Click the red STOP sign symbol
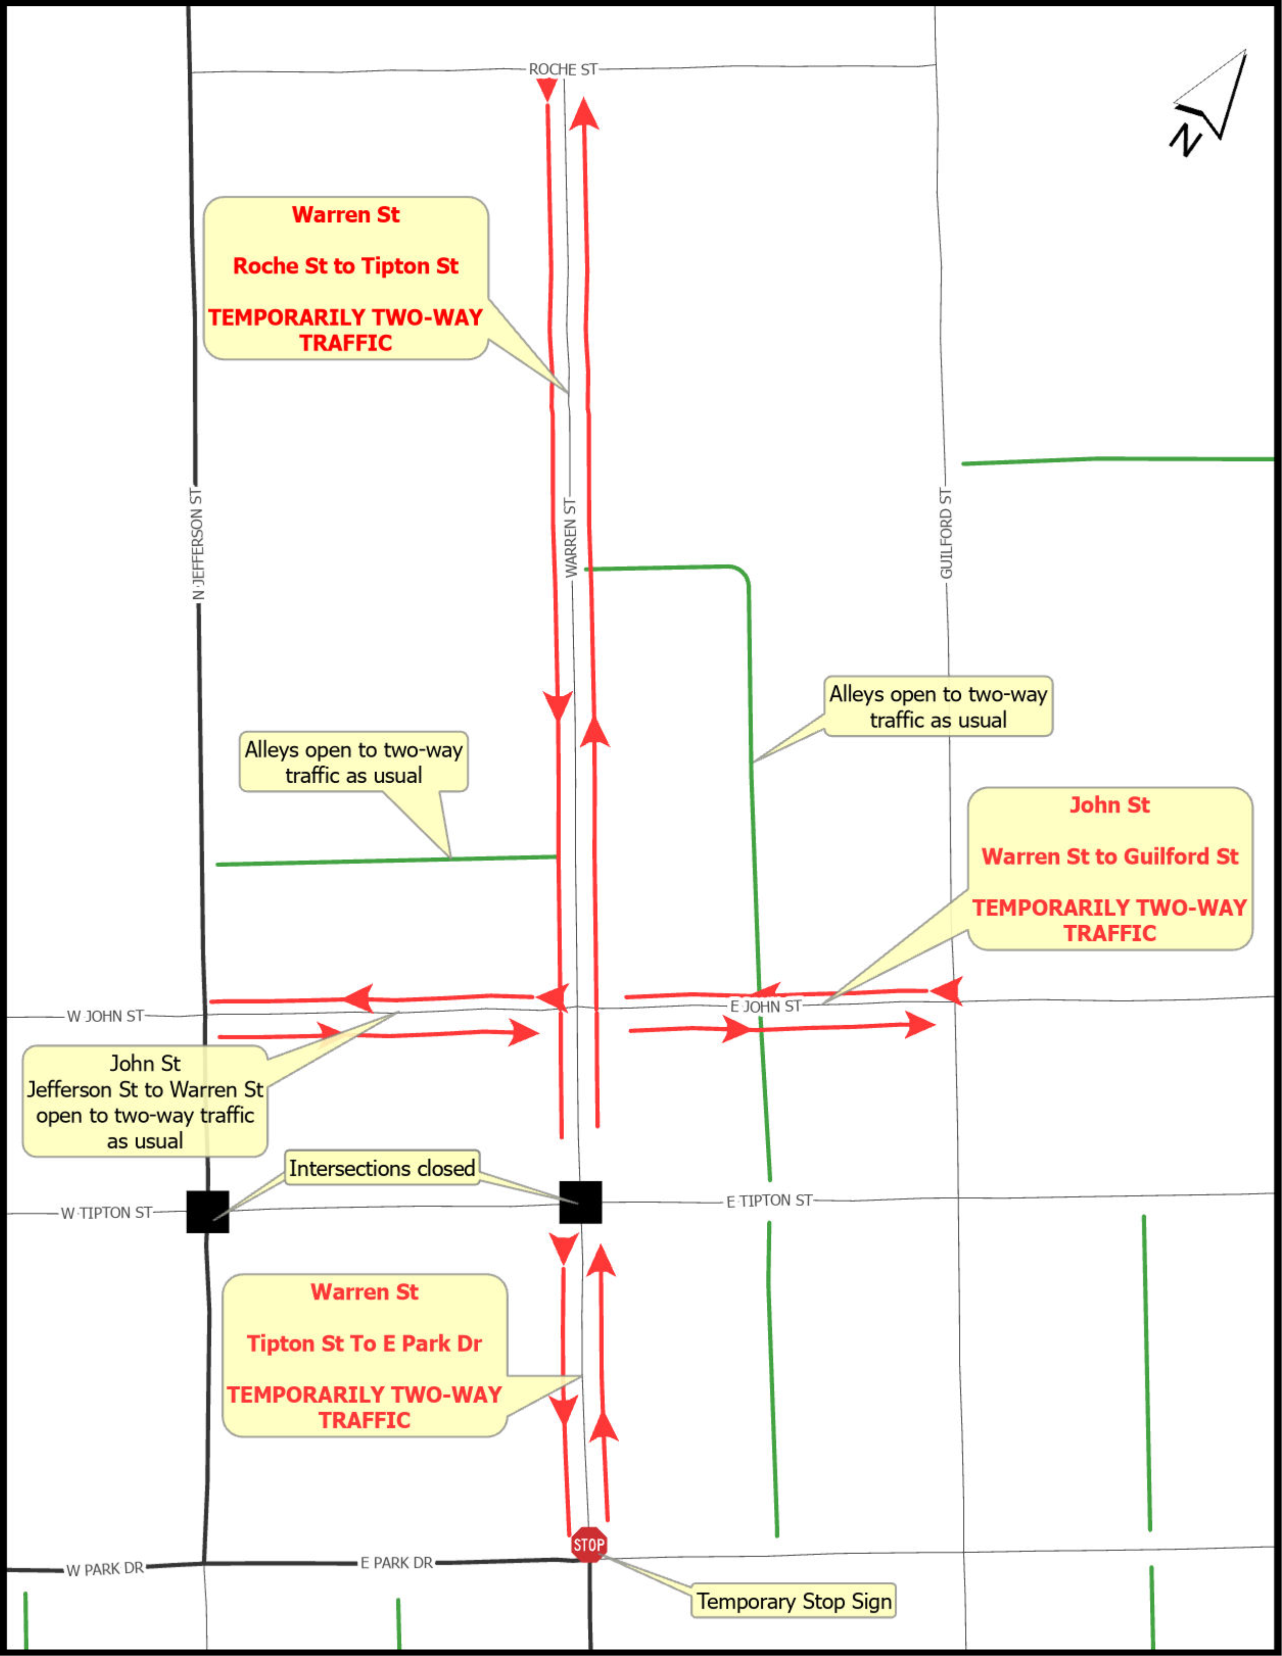tap(589, 1545)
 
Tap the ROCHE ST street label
tap(563, 69)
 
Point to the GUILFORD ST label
tap(946, 534)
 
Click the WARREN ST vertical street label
tap(570, 538)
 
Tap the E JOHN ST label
tap(765, 1006)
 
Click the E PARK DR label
tap(397, 1563)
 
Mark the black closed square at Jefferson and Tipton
tap(208, 1212)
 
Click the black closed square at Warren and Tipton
tap(580, 1202)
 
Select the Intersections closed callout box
tap(382, 1169)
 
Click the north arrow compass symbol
tap(1209, 102)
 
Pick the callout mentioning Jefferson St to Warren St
tap(145, 1102)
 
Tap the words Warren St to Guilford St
tap(1110, 856)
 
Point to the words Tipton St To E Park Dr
tap(364, 1344)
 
